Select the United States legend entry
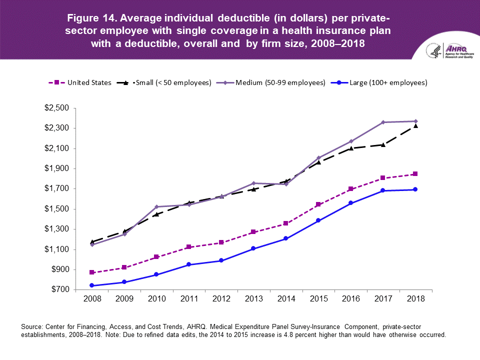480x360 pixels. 83,82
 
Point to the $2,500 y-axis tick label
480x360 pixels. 58,108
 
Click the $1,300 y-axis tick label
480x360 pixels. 58,229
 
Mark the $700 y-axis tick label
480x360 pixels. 60,290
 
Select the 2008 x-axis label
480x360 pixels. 92,299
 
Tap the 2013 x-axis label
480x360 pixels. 253,299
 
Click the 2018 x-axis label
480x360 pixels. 415,299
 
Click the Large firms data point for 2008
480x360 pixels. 92,285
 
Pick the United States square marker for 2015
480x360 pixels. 318,204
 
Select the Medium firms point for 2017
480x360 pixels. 383,122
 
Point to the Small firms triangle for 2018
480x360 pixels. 415,125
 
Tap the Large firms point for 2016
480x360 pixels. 350,203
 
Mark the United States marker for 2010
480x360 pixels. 156,257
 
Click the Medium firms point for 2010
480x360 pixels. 156,206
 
